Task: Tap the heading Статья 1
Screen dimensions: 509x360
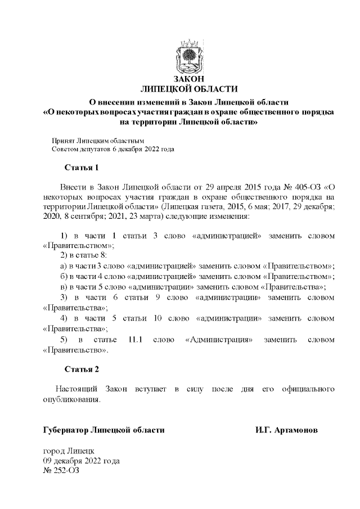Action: (82, 168)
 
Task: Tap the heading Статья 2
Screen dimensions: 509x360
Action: (82, 370)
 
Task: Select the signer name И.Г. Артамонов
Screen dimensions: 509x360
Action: (286, 430)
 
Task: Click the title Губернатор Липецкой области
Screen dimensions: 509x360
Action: (104, 430)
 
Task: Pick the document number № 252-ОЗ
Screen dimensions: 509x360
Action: (61, 470)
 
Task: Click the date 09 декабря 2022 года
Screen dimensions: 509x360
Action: (82, 461)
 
